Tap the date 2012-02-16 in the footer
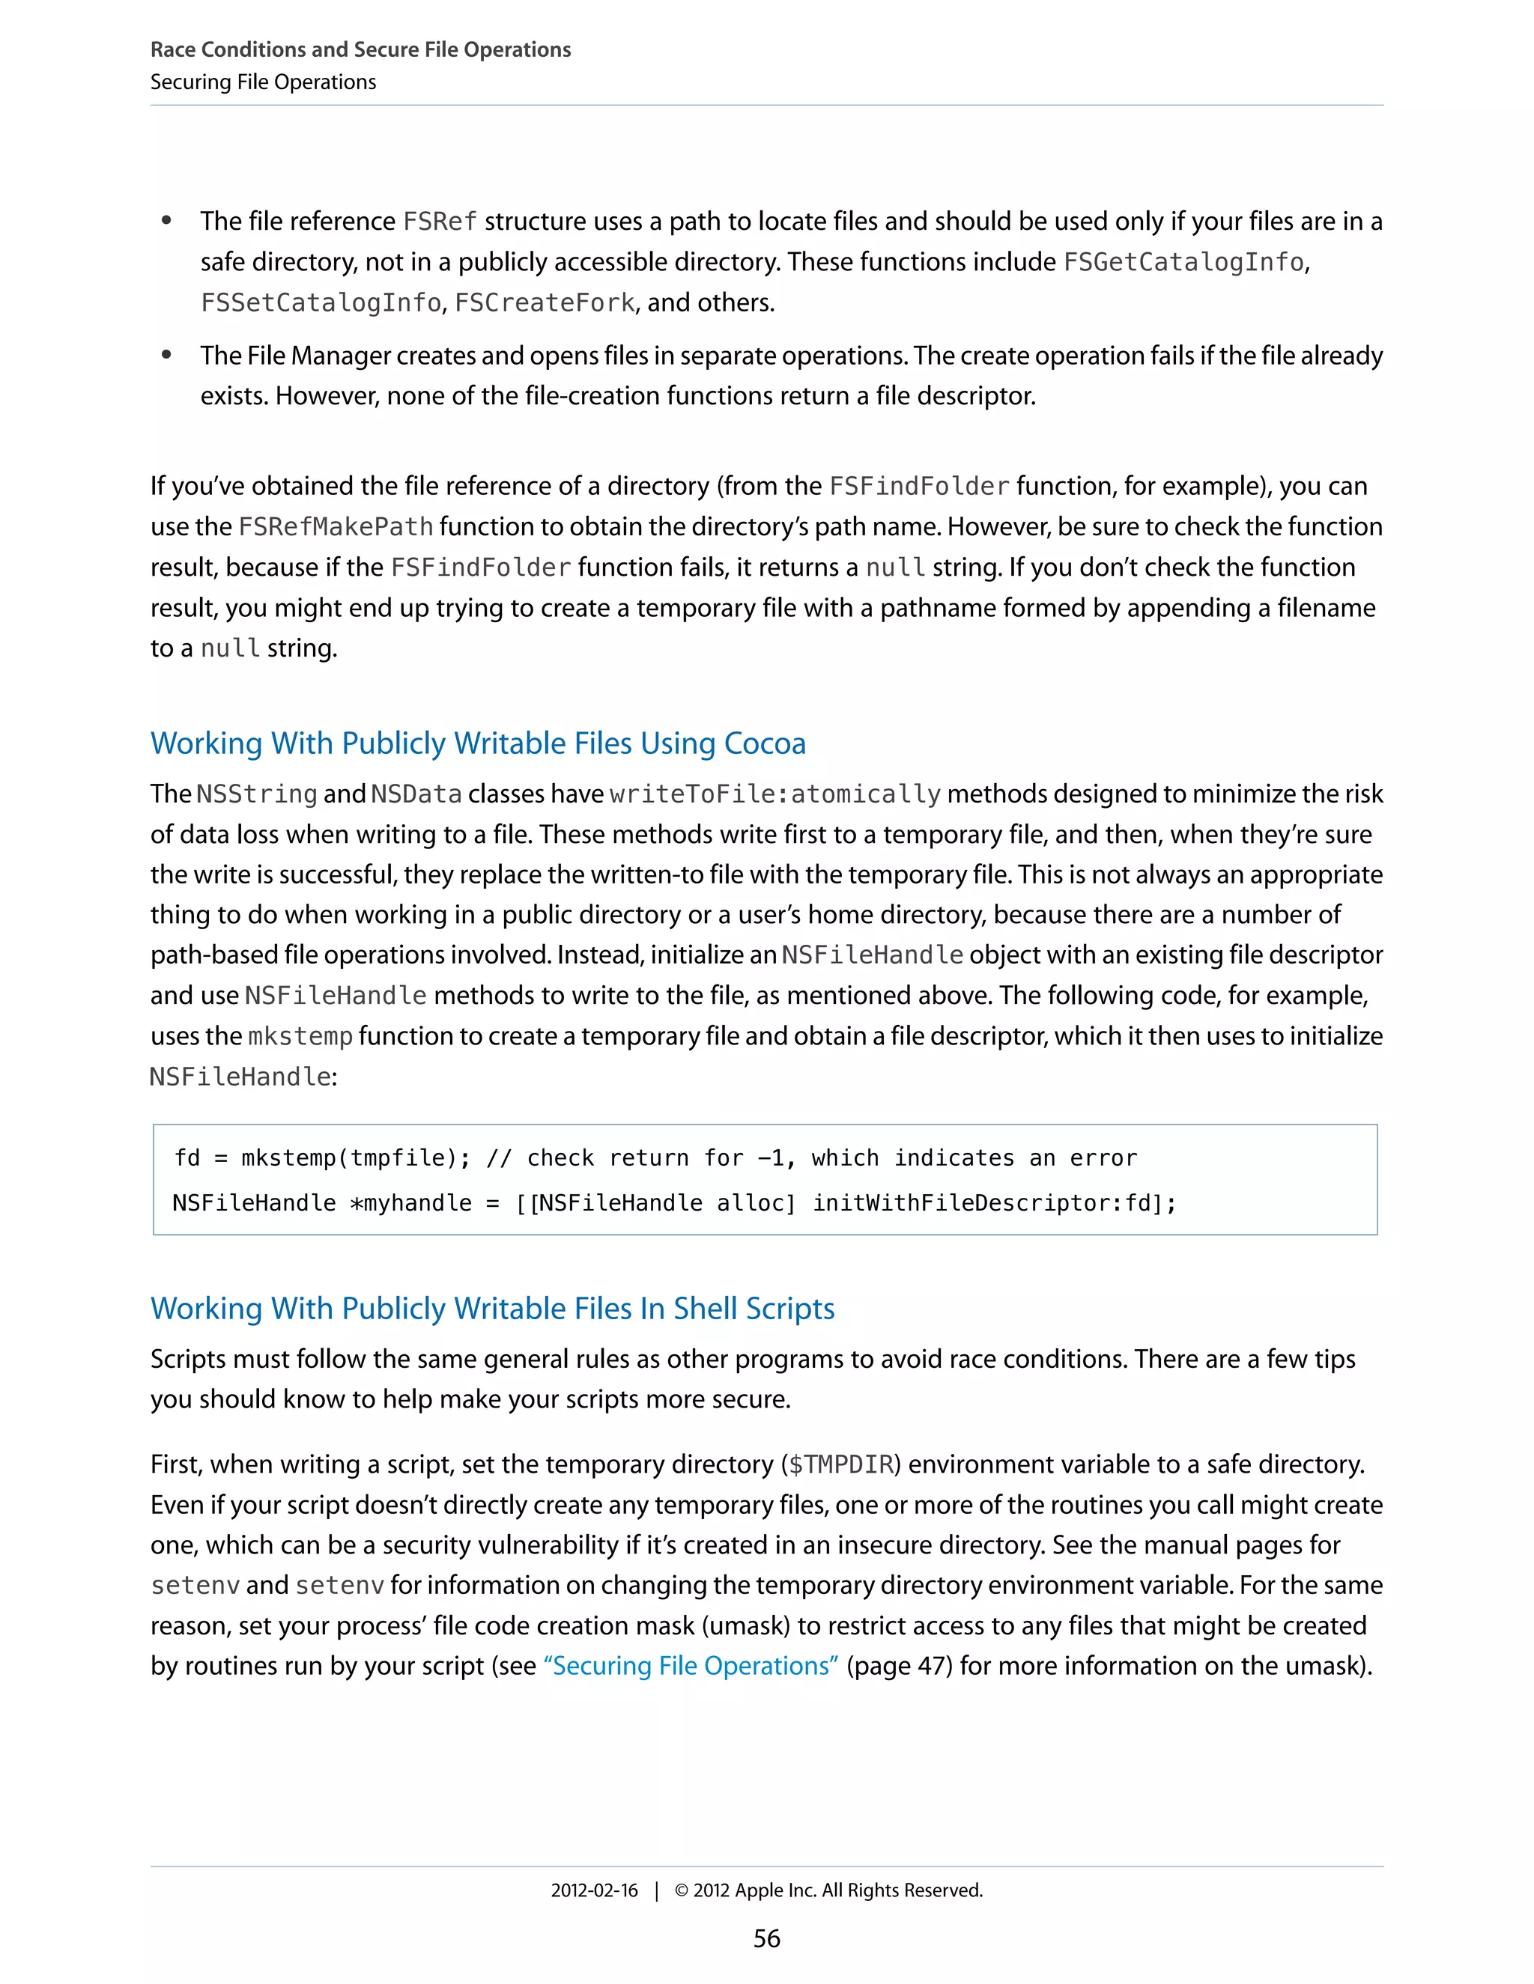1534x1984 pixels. coord(594,1890)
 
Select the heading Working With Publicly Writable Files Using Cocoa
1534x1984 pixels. coord(478,743)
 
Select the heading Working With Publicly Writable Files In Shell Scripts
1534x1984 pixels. coord(493,1308)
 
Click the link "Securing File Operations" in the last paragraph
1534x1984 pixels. coord(691,1665)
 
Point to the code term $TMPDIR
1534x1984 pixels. coord(840,1464)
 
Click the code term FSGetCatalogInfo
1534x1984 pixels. coord(1183,263)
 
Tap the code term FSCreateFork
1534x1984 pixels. coord(545,302)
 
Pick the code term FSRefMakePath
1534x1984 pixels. coord(336,527)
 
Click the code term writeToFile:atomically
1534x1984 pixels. coord(775,794)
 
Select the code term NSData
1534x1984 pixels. coord(416,794)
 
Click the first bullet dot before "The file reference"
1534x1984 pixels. coord(166,220)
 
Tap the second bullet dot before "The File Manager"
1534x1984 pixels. coord(166,354)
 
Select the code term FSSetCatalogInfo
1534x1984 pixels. coord(321,302)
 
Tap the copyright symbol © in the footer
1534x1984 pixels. coord(682,1890)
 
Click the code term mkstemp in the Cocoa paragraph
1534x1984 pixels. coord(300,1036)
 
